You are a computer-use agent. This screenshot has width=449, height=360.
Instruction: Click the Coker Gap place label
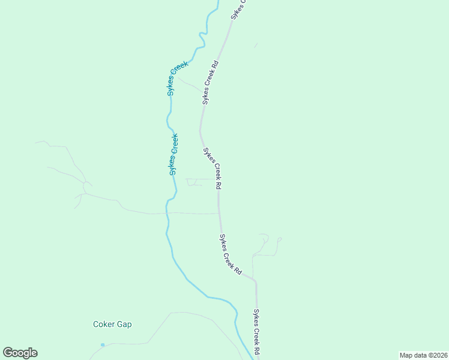[x=112, y=325]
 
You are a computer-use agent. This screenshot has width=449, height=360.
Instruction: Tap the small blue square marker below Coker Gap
[x=103, y=344]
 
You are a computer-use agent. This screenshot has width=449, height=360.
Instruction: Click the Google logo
[x=20, y=353]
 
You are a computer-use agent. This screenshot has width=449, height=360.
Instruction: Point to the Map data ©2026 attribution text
[x=423, y=355]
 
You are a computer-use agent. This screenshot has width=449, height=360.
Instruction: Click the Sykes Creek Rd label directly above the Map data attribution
[x=256, y=332]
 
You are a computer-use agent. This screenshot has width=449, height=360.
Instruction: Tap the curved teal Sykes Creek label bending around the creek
[x=178, y=78]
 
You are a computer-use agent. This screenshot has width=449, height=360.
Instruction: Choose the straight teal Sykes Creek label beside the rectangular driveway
[x=173, y=154]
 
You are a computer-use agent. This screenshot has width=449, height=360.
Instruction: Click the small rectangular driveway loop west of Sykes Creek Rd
[x=194, y=182]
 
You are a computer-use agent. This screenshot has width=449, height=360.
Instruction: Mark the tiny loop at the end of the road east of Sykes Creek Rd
[x=280, y=239]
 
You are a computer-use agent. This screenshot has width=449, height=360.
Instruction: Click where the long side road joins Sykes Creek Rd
[x=218, y=213]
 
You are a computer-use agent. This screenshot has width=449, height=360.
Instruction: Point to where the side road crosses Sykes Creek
[x=168, y=213]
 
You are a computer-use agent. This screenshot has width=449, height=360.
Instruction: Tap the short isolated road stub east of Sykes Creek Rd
[x=256, y=45]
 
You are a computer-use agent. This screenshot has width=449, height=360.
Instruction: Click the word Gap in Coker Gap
[x=124, y=325]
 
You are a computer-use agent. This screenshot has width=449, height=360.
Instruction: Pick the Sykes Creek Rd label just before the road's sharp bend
[x=230, y=255]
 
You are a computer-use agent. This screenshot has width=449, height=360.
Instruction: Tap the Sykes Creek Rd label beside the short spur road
[x=210, y=82]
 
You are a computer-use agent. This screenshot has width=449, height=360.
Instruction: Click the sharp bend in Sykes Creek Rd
[x=255, y=280]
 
